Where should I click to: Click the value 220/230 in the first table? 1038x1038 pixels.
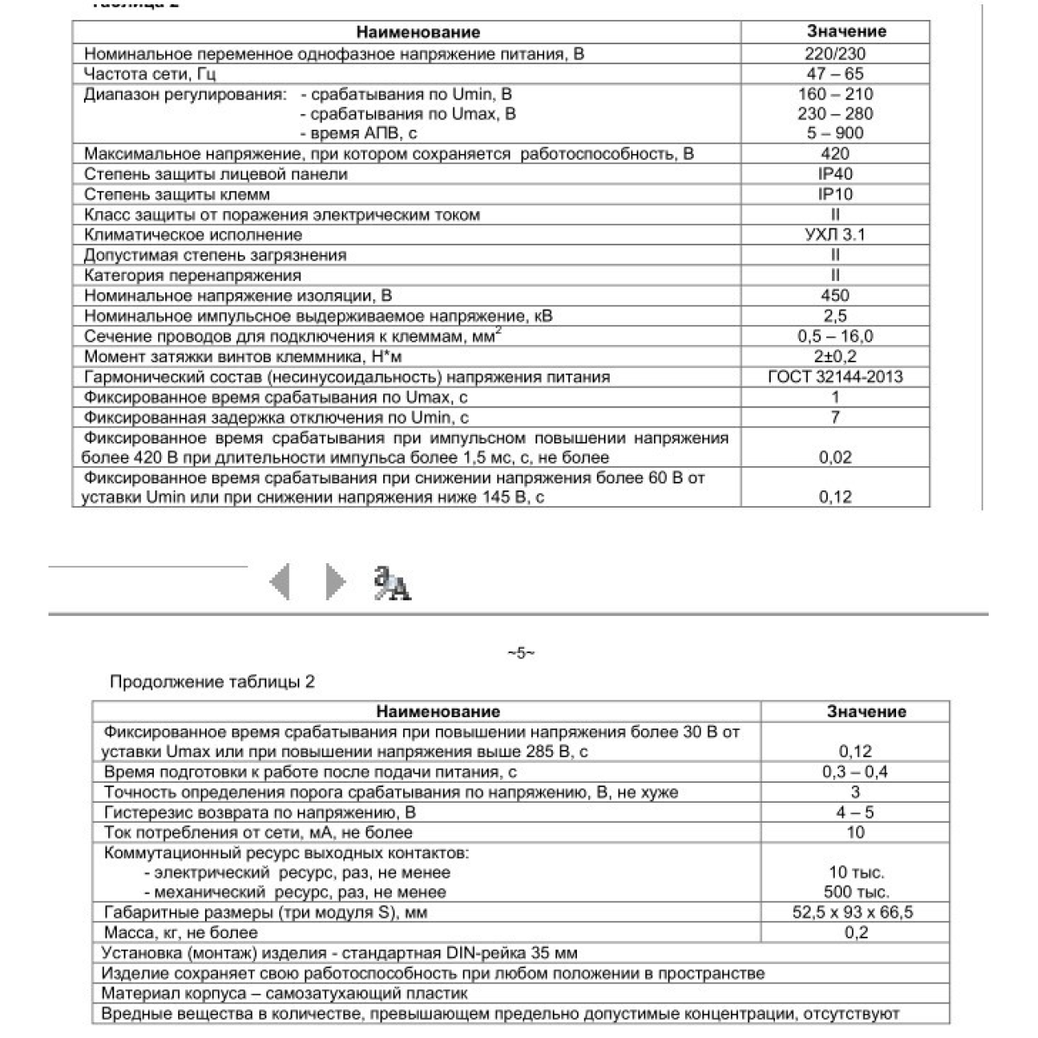click(835, 54)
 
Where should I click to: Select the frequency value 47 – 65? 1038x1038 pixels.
click(835, 74)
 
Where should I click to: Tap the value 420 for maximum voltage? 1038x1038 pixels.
click(835, 154)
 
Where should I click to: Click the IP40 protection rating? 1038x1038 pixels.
click(835, 174)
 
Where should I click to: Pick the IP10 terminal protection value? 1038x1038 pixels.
click(835, 195)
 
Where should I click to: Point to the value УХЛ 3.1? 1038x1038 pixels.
click(835, 234)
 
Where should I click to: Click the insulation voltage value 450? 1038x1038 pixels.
click(835, 296)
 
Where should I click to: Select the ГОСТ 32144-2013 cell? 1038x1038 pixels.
click(835, 376)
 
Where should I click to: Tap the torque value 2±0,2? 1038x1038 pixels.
click(835, 356)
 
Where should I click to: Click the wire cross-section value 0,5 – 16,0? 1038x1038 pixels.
click(835, 336)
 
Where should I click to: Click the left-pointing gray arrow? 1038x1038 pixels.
click(279, 581)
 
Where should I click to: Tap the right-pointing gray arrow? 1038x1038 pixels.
click(335, 581)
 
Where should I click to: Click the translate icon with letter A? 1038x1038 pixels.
click(392, 583)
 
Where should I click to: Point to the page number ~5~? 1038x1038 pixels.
click(521, 653)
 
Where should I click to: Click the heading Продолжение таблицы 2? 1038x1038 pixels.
click(212, 682)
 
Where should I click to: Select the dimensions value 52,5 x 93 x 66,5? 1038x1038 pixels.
click(855, 913)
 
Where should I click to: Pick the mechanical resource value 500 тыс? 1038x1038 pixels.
click(856, 892)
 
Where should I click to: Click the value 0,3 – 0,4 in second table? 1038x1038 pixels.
click(855, 772)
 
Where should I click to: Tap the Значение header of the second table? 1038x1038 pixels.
click(866, 712)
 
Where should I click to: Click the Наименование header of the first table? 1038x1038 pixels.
click(418, 33)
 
